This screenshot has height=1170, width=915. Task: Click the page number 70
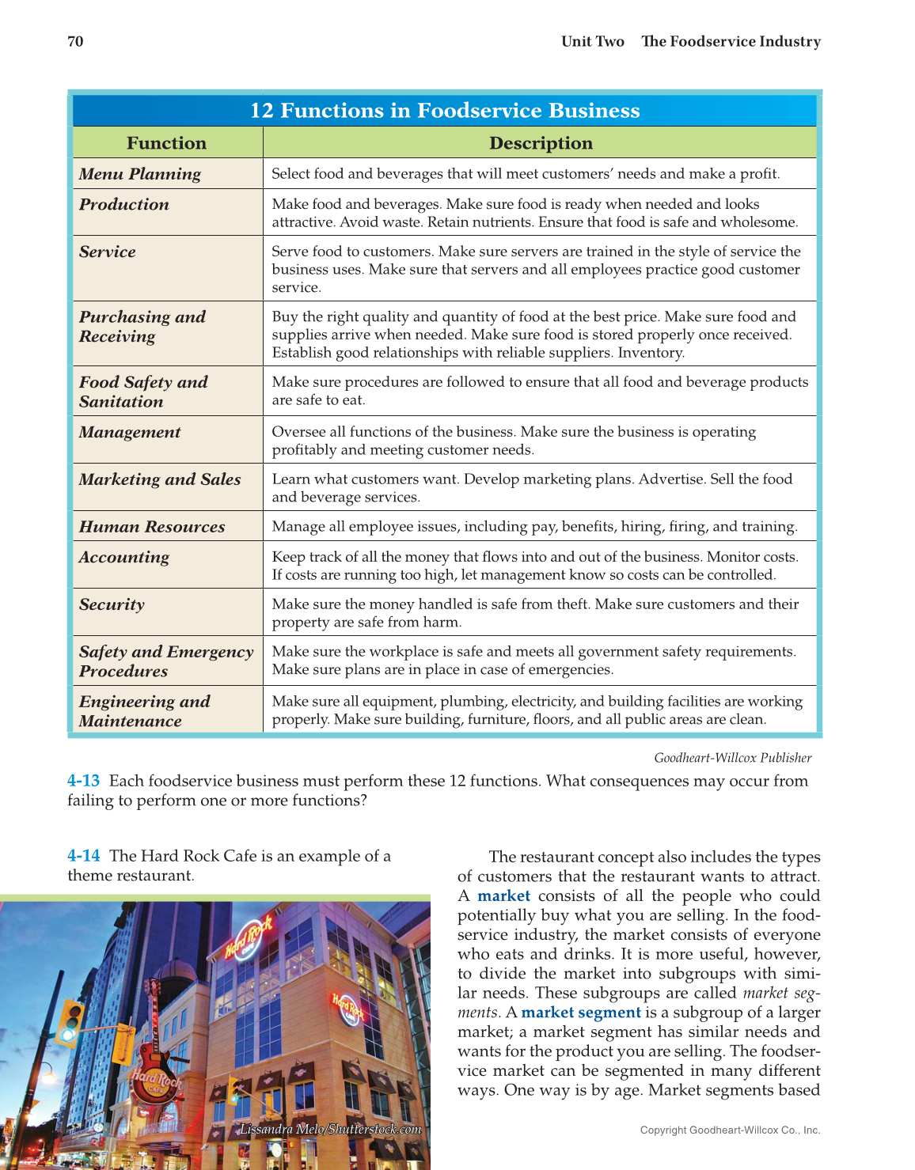75,42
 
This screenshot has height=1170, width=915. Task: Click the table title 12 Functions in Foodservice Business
445,111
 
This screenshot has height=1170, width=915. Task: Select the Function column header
166,143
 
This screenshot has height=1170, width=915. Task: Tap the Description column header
541,143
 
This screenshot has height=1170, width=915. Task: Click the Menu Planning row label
140,174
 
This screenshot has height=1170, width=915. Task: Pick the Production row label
124,204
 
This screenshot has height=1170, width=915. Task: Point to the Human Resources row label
152,527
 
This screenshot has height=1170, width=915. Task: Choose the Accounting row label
124,557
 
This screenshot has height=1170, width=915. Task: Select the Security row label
112,604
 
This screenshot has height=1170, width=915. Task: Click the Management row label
130,432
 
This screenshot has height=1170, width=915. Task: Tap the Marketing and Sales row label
160,479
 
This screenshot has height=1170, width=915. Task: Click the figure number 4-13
83,781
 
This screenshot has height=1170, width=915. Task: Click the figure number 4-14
83,856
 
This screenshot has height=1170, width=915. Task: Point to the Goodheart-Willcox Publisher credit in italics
732,758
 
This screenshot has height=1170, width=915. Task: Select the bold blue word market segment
580,1013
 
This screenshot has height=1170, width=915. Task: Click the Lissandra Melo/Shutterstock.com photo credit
330,1129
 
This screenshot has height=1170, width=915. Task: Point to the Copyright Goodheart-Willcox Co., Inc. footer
730,1130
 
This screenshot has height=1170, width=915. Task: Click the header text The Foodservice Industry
730,42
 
